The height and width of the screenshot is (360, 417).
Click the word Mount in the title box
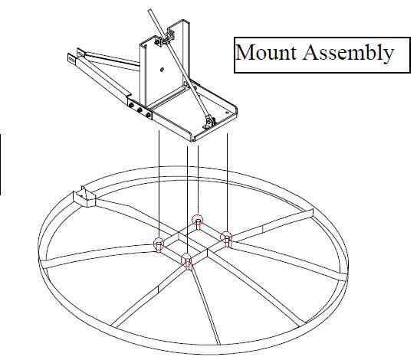(266, 52)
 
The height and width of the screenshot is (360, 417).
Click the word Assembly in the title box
(348, 53)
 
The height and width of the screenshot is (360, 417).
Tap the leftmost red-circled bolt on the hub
(159, 244)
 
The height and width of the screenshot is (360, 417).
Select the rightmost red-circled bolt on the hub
(226, 237)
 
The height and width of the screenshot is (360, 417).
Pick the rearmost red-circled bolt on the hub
(197, 221)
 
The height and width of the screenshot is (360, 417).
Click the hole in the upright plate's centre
(162, 70)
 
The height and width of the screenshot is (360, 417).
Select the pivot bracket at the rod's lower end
(209, 122)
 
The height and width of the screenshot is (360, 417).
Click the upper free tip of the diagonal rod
(149, 11)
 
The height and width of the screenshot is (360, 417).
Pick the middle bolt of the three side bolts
(140, 109)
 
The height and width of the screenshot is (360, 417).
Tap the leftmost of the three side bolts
(131, 105)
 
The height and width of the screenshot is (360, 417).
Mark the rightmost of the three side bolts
(148, 113)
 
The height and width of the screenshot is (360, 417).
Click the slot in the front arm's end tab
(71, 57)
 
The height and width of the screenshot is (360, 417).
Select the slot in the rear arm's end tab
(80, 53)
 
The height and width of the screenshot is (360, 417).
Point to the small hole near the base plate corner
(227, 113)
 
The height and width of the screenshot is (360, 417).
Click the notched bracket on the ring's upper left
(84, 197)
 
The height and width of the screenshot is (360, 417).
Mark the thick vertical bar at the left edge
(0, 164)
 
